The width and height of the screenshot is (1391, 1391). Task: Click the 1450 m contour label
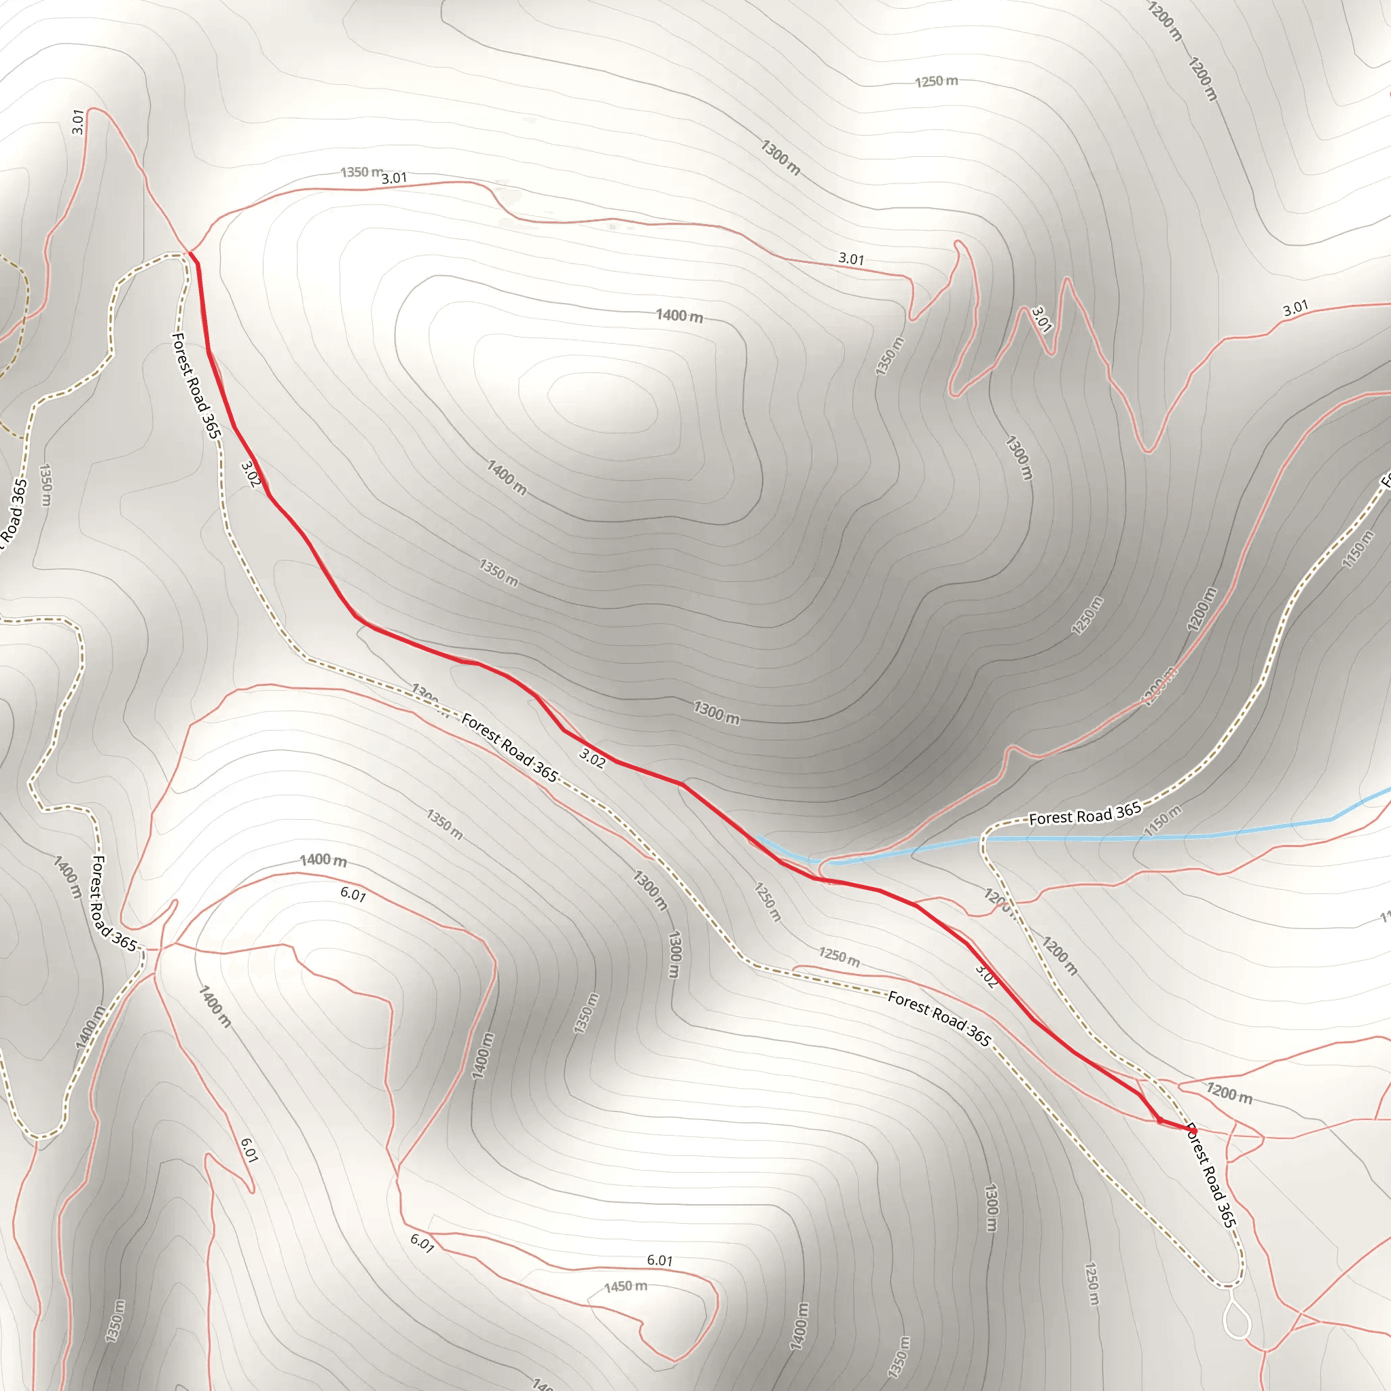(x=625, y=1286)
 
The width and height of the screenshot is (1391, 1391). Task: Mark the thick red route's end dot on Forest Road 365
(x=1188, y=1128)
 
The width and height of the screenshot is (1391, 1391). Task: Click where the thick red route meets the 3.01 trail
(x=190, y=253)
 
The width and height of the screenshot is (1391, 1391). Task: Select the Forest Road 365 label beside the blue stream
(x=1085, y=814)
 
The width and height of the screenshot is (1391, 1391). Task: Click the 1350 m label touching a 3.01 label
(x=361, y=173)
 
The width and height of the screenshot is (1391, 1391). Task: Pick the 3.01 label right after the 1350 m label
(x=395, y=178)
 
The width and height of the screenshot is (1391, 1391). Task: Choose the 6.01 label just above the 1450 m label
(x=660, y=1261)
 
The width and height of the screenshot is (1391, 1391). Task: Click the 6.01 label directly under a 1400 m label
(x=353, y=895)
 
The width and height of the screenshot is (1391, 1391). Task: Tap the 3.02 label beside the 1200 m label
(x=986, y=975)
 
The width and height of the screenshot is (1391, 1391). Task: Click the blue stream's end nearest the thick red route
(x=757, y=837)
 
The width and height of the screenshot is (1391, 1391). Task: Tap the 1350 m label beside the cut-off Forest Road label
(x=46, y=484)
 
